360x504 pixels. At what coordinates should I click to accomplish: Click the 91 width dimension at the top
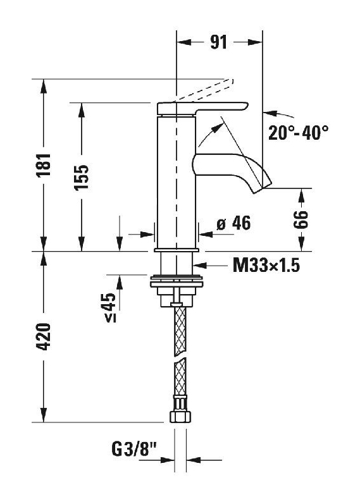[x=219, y=42]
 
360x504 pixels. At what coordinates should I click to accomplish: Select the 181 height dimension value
[x=44, y=165]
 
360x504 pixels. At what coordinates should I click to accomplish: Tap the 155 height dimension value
[x=82, y=178]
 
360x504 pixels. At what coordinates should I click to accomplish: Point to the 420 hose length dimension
[x=44, y=336]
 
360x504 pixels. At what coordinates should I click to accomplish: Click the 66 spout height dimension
[x=301, y=219]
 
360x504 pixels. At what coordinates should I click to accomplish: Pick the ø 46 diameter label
[x=233, y=223]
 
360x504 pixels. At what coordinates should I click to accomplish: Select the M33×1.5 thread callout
[x=266, y=266]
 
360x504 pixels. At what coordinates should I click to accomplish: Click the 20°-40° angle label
[x=298, y=132]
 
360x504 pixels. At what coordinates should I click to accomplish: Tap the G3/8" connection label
[x=134, y=450]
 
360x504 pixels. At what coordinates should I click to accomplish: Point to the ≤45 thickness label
[x=110, y=307]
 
